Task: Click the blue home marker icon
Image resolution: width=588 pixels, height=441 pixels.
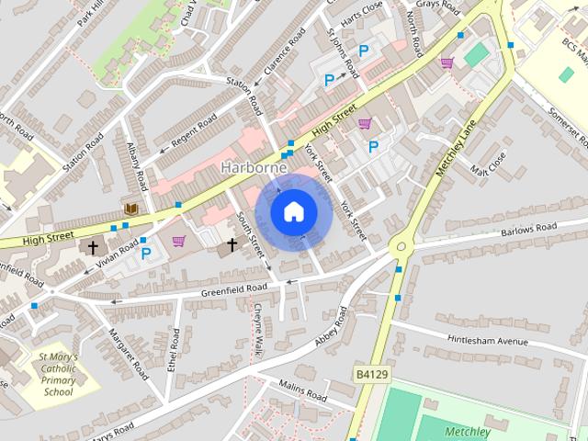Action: (x=292, y=211)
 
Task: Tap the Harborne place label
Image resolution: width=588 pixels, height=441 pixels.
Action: (x=254, y=168)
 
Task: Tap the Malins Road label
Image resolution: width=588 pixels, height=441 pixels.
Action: (x=302, y=390)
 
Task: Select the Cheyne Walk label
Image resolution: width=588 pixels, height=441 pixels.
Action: (x=259, y=330)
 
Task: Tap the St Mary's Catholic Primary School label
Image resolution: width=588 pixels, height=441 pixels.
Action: (x=59, y=374)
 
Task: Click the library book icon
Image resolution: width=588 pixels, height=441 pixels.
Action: (x=131, y=209)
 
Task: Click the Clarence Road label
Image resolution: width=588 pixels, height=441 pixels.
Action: (x=284, y=53)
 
